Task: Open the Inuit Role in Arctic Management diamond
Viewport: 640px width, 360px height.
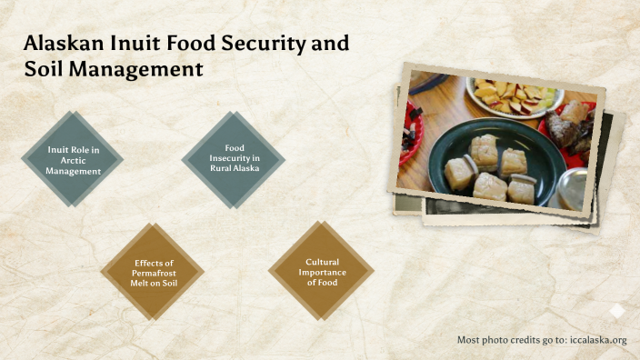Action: point(73,158)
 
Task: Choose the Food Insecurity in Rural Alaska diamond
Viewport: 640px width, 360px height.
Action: point(234,158)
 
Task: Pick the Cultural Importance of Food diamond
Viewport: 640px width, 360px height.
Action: point(321,271)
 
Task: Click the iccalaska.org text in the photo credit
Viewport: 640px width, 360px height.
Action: point(599,340)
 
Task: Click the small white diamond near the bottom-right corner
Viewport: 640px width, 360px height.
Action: point(616,311)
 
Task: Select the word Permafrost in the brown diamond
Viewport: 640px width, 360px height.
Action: point(153,271)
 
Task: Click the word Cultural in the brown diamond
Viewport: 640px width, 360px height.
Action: point(321,263)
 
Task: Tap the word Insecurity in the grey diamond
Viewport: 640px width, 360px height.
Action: point(234,158)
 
